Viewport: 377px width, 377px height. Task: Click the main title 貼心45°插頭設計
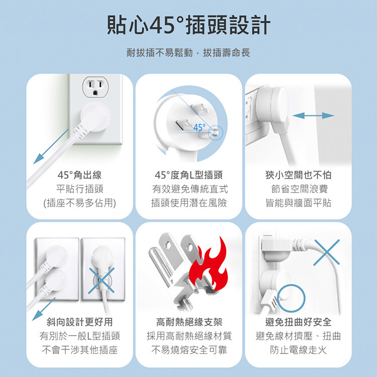(x=189, y=25)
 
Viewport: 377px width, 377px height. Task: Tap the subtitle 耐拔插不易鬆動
(x=160, y=53)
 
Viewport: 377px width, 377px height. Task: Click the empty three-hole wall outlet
(x=96, y=87)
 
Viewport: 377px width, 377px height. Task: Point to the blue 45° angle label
(x=200, y=128)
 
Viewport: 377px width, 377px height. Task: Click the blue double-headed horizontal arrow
(x=313, y=116)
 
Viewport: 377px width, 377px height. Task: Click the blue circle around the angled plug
(x=291, y=299)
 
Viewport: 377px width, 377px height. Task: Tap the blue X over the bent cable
(x=327, y=252)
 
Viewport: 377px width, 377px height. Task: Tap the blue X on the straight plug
(x=101, y=281)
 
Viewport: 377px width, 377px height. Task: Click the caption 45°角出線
(x=79, y=175)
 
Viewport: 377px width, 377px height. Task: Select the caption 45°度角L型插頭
(x=189, y=175)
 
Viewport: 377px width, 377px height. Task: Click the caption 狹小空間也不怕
(x=299, y=175)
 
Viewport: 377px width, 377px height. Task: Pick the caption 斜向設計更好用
(x=79, y=322)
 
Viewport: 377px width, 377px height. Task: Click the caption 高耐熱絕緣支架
(x=189, y=322)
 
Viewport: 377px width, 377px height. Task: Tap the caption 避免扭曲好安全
(x=299, y=322)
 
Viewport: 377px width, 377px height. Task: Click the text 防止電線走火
(x=299, y=350)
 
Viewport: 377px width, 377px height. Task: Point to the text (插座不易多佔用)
(x=79, y=203)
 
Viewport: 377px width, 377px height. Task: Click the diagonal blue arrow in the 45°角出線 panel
(x=51, y=147)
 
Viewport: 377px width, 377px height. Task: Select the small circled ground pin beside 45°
(x=216, y=133)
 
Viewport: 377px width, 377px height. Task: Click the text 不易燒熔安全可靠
(x=189, y=350)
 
